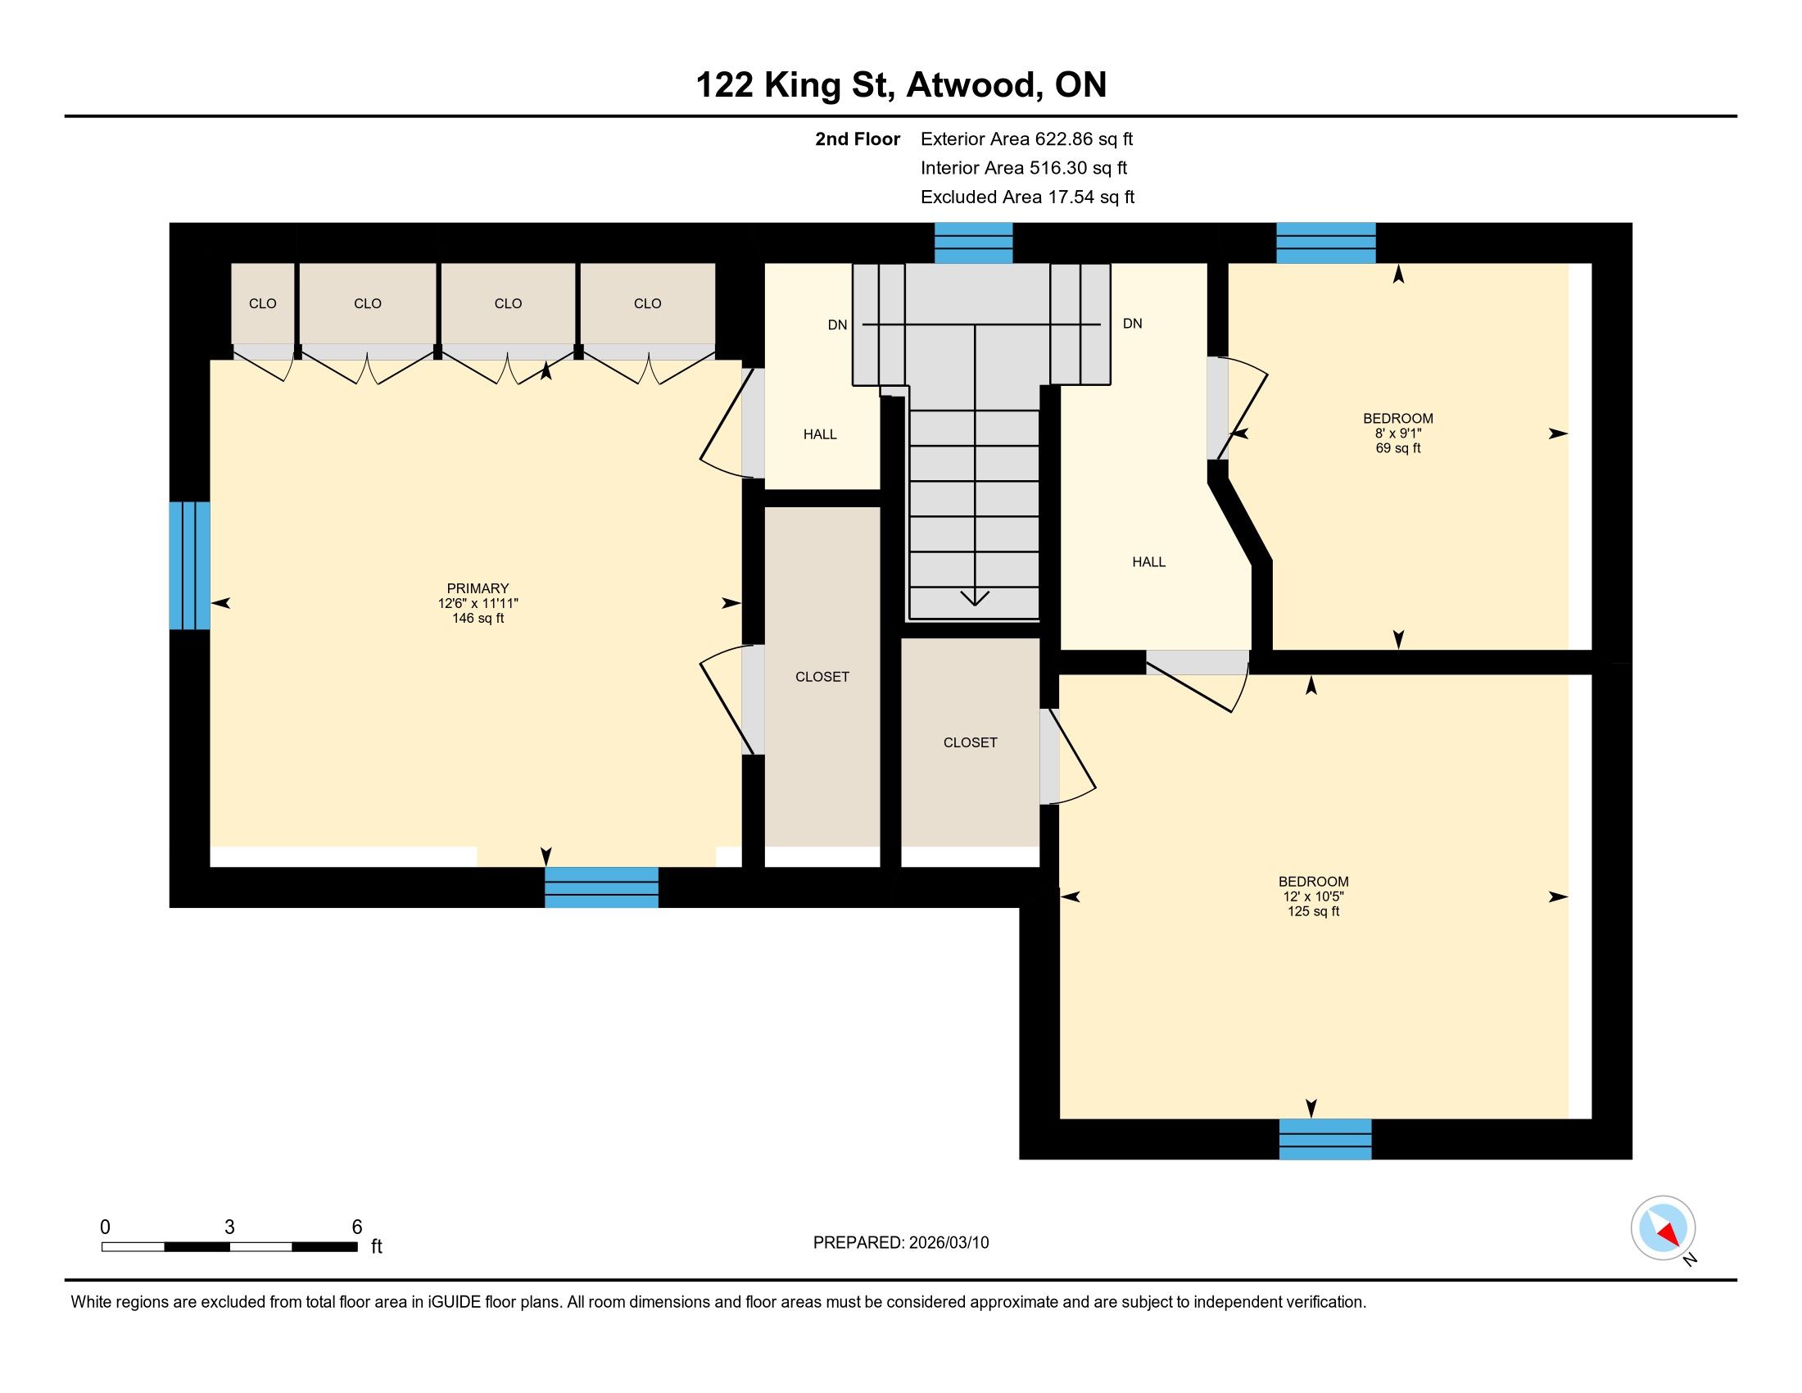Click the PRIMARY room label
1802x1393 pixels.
tap(478, 588)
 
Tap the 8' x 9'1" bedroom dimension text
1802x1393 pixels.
tap(1397, 433)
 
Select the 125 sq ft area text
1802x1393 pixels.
tap(1314, 911)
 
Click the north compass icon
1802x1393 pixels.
tap(1664, 1227)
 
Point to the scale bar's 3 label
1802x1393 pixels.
tap(229, 1227)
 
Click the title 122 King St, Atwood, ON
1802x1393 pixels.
tap(901, 84)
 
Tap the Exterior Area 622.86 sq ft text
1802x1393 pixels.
tap(1026, 138)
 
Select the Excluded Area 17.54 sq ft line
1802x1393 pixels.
tap(1027, 197)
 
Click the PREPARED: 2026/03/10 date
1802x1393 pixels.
tap(901, 1243)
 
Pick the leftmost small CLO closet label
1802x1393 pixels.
tap(262, 304)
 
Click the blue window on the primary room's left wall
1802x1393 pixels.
tap(190, 565)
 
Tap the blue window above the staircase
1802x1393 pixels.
tap(974, 243)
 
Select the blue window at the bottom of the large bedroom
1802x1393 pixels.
tap(1325, 1139)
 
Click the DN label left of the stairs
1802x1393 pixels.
tap(837, 325)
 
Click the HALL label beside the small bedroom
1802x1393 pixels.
tap(1148, 562)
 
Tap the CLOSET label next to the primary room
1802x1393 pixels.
tap(822, 677)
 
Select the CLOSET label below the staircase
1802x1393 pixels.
tap(971, 742)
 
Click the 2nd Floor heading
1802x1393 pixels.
tap(858, 138)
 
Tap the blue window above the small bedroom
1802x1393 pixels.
tap(1326, 243)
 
